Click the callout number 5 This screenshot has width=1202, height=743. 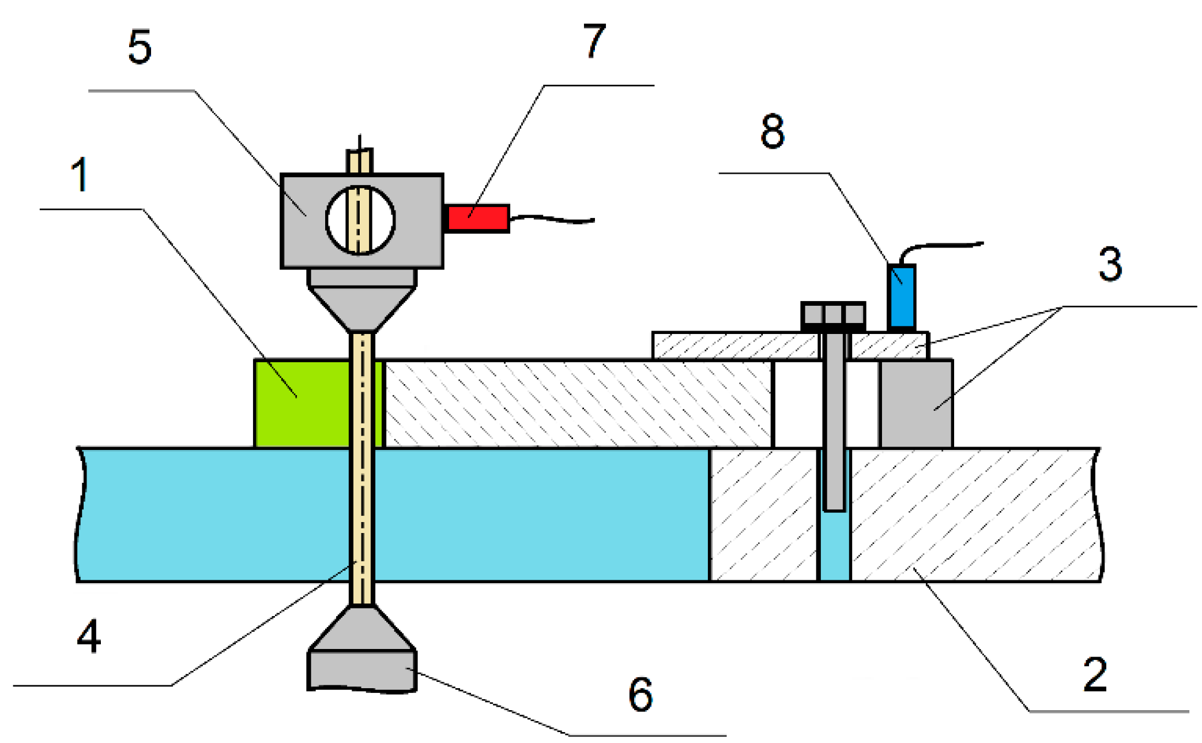pyautogui.click(x=140, y=47)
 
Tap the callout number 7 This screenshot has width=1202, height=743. pyautogui.click(x=594, y=41)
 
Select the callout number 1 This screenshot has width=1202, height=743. pyautogui.click(x=80, y=174)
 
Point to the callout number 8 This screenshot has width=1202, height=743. pyautogui.click(x=773, y=131)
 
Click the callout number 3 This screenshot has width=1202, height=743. pyautogui.click(x=1110, y=264)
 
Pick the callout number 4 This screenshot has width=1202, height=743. pyautogui.click(x=89, y=636)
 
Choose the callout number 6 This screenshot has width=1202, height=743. pyautogui.click(x=640, y=694)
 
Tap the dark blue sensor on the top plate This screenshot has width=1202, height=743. pyautogui.click(x=902, y=297)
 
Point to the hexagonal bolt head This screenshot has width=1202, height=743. pyautogui.click(x=833, y=315)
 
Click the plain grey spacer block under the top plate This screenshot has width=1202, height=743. pyautogui.click(x=916, y=404)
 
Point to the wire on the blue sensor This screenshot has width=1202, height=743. pyautogui.click(x=940, y=246)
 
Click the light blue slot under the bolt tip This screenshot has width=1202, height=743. pyautogui.click(x=834, y=546)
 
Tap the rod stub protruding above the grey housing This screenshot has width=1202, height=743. pyautogui.click(x=360, y=160)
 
